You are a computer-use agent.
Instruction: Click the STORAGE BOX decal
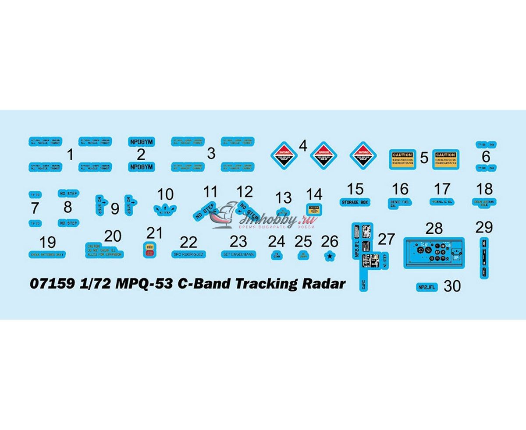[x=355, y=202]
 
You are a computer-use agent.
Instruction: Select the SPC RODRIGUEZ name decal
[x=189, y=254]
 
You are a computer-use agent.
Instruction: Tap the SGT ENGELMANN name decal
[x=238, y=254]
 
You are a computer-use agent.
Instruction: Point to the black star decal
[x=329, y=256]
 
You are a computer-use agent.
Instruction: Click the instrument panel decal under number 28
[x=434, y=253]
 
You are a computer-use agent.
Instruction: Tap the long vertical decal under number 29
[x=483, y=258]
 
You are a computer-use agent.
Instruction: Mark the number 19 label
[x=47, y=242]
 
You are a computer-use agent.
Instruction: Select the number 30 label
[x=452, y=286]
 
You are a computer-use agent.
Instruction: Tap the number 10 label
[x=165, y=194]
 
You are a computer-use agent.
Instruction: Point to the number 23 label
[x=238, y=241]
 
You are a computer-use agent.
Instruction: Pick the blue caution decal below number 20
[x=104, y=250]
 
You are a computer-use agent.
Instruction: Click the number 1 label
[x=70, y=154]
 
